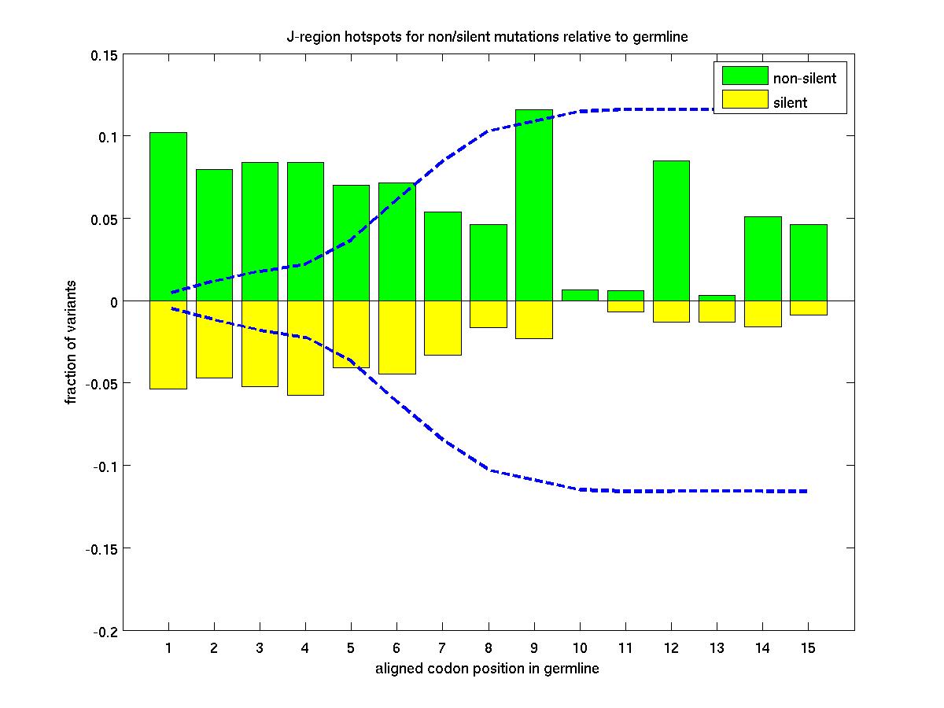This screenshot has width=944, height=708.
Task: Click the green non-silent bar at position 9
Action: (534, 205)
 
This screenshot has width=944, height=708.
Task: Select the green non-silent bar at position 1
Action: (168, 216)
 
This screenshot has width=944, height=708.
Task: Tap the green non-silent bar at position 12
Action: (671, 230)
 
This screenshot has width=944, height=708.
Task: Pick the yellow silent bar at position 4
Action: (305, 348)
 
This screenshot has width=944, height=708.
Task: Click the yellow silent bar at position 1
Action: (168, 345)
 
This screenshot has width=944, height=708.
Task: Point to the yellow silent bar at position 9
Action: (534, 319)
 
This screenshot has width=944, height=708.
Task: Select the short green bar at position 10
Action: (580, 295)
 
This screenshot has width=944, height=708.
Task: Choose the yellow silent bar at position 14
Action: (763, 313)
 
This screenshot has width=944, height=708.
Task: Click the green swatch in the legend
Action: (745, 76)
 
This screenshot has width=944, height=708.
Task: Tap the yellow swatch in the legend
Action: (745, 100)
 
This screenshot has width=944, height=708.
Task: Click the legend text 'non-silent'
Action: (805, 78)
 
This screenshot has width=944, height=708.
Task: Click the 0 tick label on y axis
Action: (113, 302)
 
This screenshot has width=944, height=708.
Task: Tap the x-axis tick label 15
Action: (808, 648)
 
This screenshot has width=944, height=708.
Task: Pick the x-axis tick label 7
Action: (442, 648)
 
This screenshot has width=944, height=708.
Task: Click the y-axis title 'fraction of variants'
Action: (72, 342)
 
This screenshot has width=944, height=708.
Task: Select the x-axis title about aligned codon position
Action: (487, 669)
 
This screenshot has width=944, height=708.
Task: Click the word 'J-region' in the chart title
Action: (309, 37)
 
